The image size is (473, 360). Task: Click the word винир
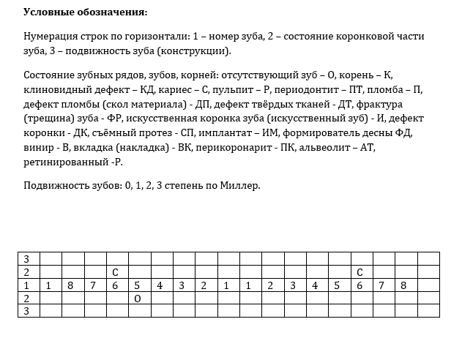click(38, 146)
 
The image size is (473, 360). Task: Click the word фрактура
click(381, 104)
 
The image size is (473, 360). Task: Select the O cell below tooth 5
click(137, 298)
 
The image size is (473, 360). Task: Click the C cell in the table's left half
click(115, 272)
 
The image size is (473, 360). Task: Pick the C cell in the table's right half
click(360, 272)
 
